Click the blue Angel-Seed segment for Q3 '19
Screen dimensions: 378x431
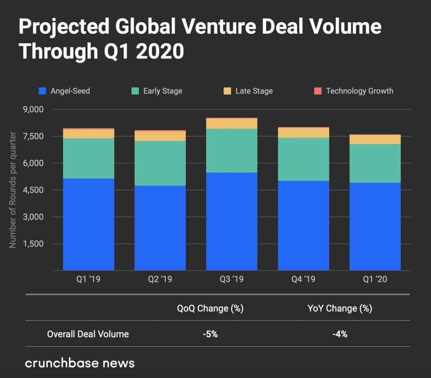(x=231, y=221)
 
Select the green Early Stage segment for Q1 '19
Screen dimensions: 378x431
(x=88, y=158)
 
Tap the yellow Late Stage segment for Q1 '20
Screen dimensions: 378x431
(x=375, y=139)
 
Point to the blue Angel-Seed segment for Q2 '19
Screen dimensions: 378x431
(x=160, y=227)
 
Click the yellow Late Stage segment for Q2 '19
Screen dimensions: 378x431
(x=160, y=136)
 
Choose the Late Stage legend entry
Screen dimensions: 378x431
(x=248, y=91)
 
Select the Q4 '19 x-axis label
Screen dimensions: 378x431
(x=303, y=279)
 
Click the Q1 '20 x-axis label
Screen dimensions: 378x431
(x=375, y=279)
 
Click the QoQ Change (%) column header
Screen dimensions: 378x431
(x=210, y=309)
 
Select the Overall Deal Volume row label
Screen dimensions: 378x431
(x=88, y=334)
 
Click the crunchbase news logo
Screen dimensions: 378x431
(x=80, y=362)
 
